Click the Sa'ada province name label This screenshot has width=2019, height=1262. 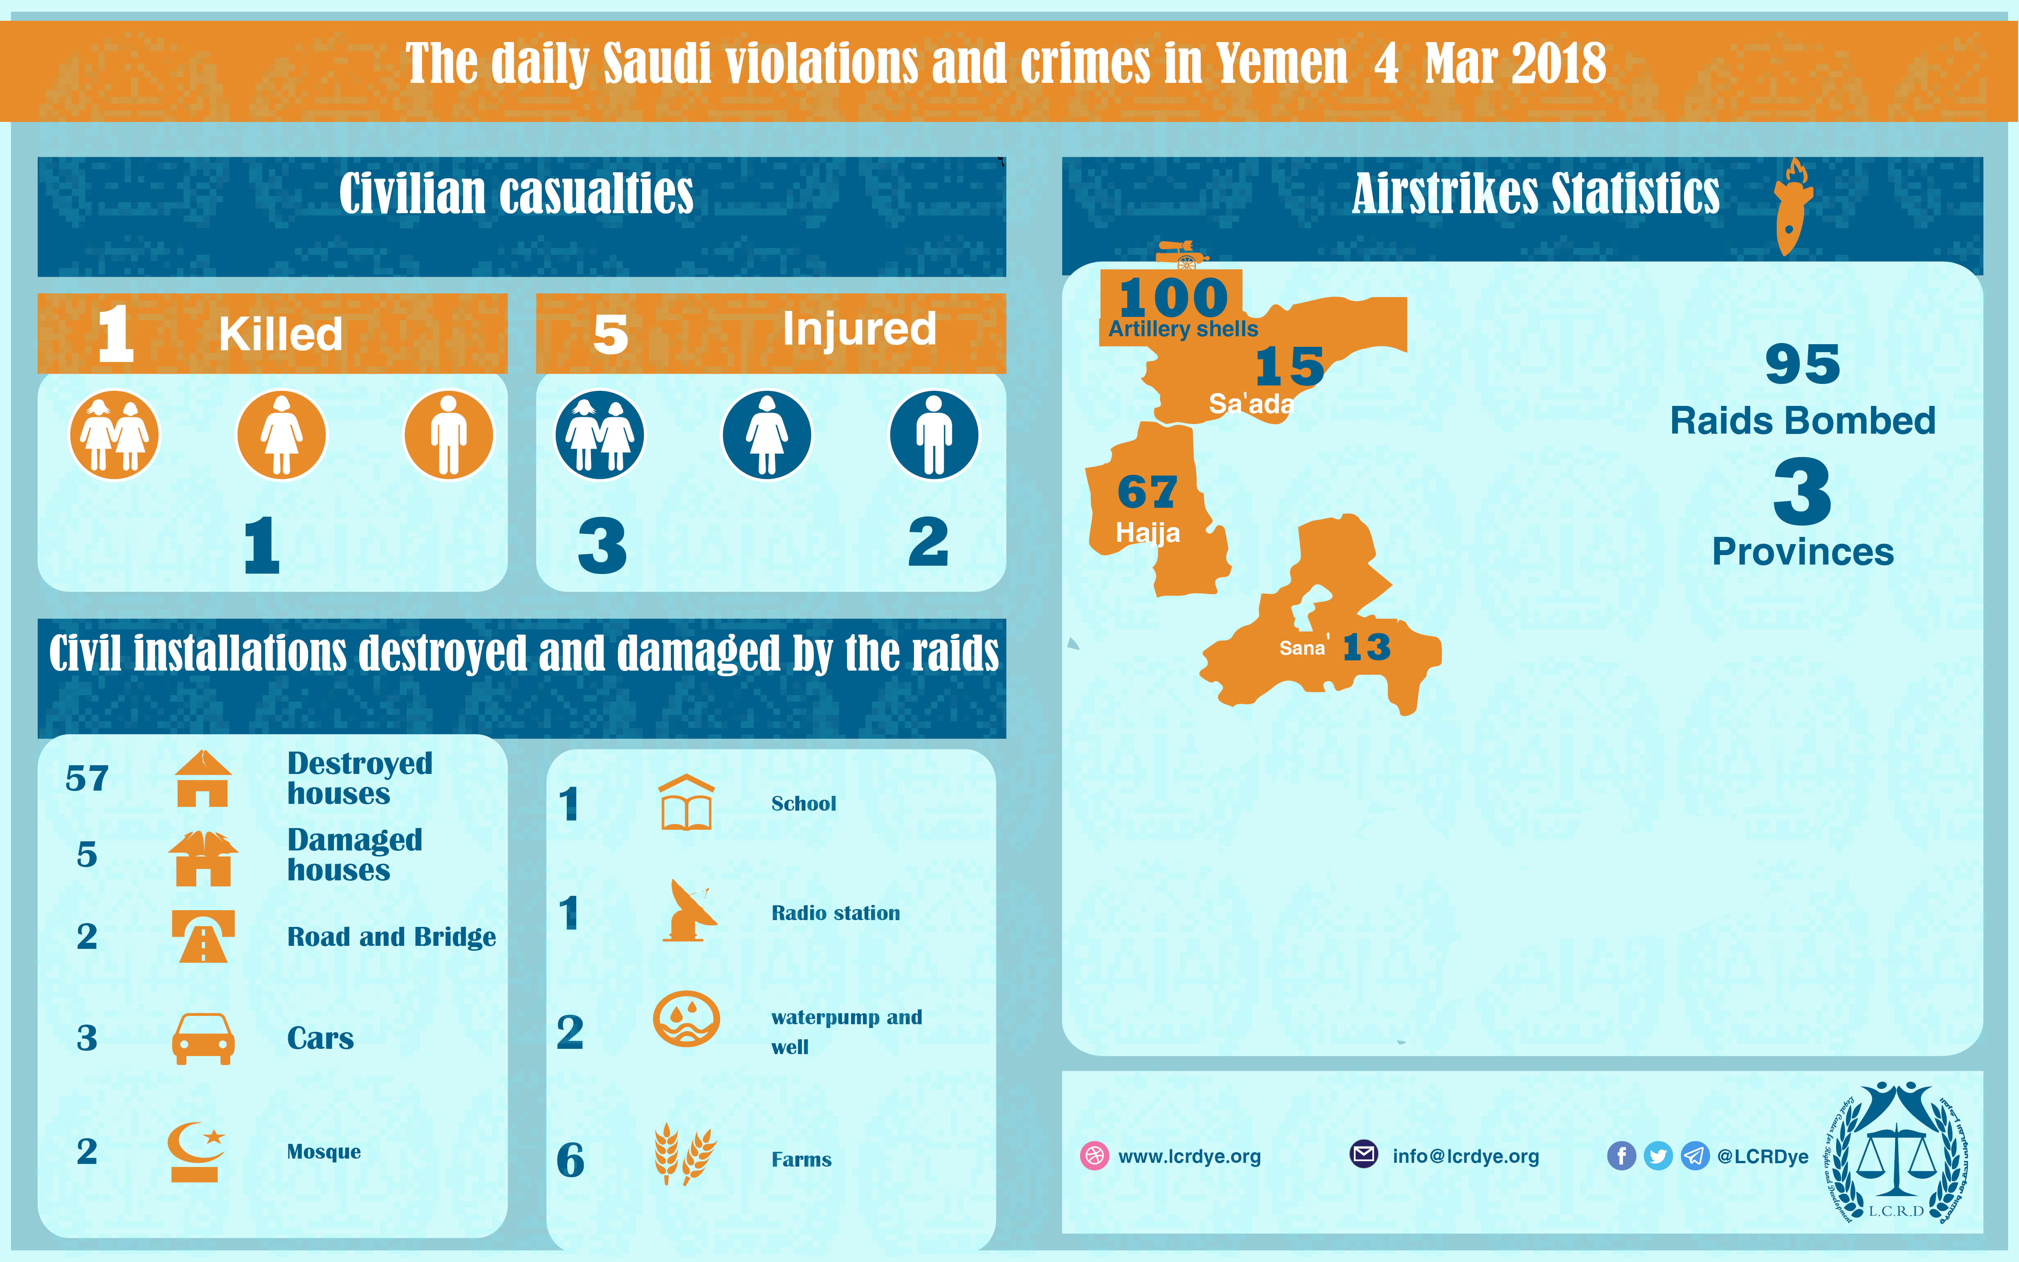point(1250,404)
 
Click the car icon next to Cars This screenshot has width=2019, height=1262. point(203,1038)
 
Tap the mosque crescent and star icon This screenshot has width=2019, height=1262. point(197,1151)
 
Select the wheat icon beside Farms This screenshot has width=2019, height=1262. point(684,1154)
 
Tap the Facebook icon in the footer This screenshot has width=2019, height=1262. point(1621,1156)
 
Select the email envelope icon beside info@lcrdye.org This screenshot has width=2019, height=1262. point(1363,1154)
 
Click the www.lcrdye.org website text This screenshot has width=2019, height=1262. point(1189,1156)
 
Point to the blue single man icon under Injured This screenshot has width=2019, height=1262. point(934,435)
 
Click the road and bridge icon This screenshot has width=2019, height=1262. point(203,936)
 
